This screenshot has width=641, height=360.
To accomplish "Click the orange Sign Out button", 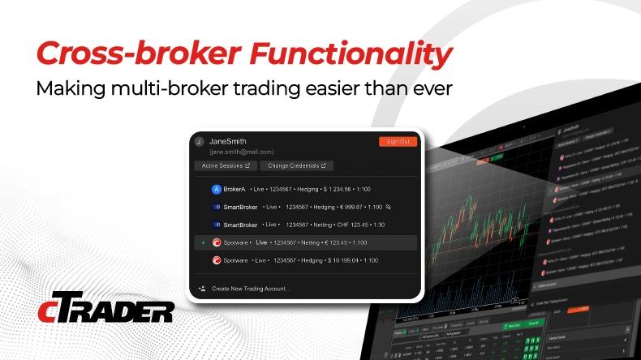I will pyautogui.click(x=398, y=142).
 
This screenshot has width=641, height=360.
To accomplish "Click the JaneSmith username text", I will pyautogui.click(x=229, y=141).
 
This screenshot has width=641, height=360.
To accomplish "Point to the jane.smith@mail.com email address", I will pyautogui.click(x=242, y=152).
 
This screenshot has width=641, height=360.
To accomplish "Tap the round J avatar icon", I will pyautogui.click(x=197, y=142).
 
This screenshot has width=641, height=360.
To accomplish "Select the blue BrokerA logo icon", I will pyautogui.click(x=216, y=189).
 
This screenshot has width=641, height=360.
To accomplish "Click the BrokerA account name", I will pyautogui.click(x=236, y=189).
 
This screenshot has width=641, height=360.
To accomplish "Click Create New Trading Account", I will pyautogui.click(x=251, y=289).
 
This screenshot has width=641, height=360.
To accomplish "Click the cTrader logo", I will pyautogui.click(x=105, y=309).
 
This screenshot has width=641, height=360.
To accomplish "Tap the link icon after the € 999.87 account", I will pyautogui.click(x=389, y=207).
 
